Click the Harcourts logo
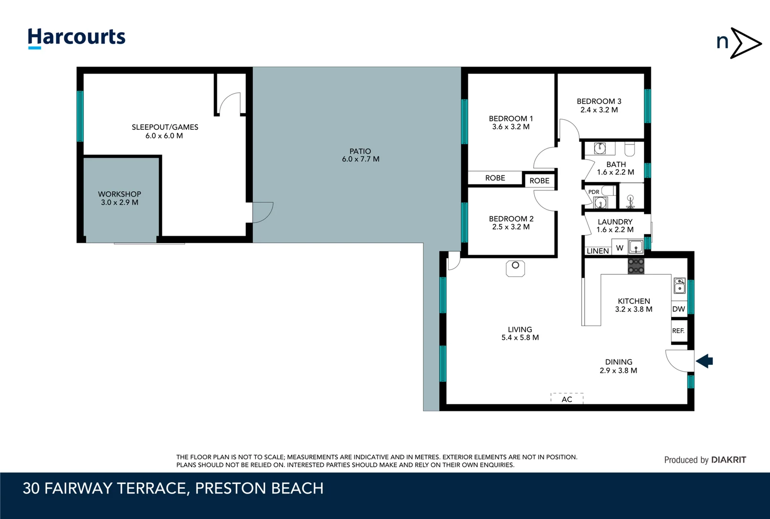point(76,37)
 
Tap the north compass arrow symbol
point(745,43)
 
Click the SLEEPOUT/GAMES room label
point(165,127)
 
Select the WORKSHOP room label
point(120,194)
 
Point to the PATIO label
point(360,151)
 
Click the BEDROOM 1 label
point(511,119)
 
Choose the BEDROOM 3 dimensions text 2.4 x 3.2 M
point(599,110)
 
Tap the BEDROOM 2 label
point(511,219)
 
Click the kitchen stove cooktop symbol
point(636,266)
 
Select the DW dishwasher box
point(679,309)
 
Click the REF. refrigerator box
point(678,331)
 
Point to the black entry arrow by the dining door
point(705,361)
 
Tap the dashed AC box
point(567,398)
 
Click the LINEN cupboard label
point(598,251)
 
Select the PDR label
point(594,192)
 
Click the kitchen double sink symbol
point(679,285)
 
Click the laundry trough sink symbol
point(636,247)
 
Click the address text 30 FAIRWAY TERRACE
point(104,488)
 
